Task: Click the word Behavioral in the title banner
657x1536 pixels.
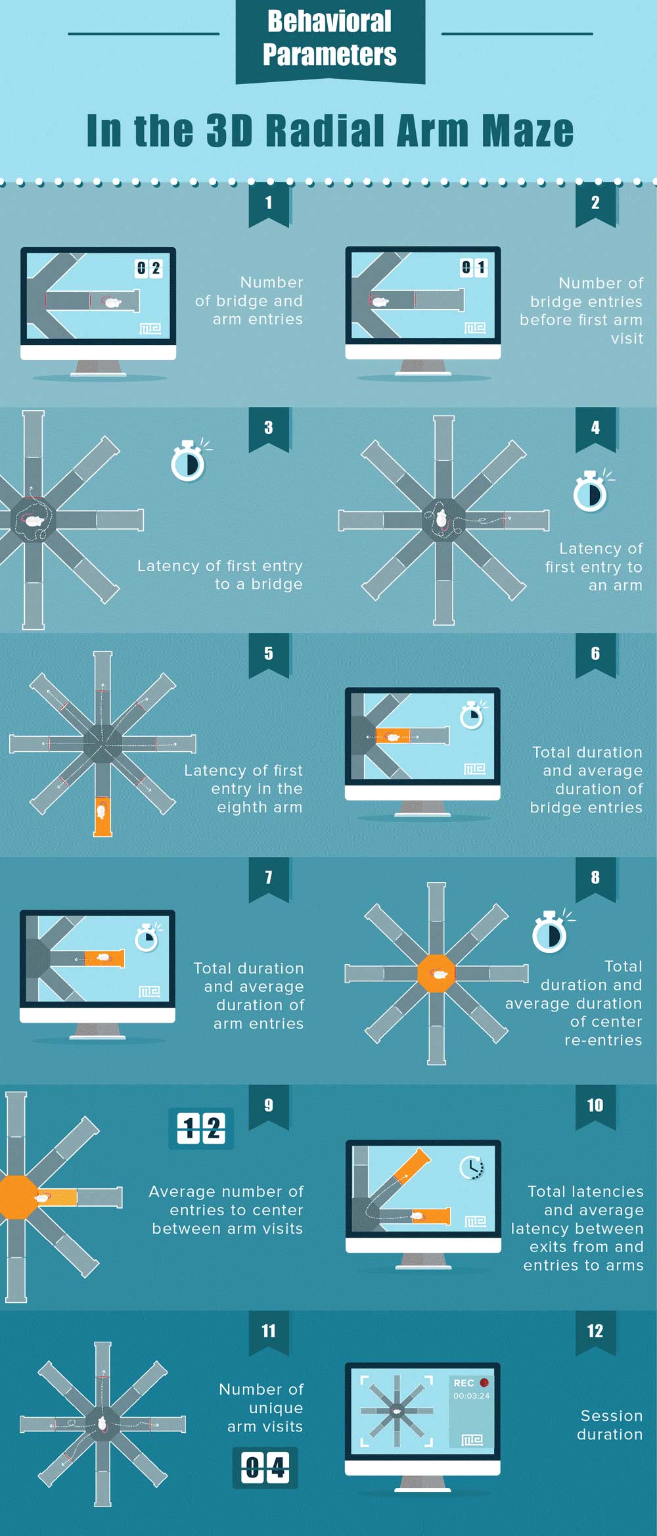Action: tap(329, 21)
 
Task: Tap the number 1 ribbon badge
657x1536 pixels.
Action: tap(269, 204)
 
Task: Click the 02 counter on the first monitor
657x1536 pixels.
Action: tap(148, 268)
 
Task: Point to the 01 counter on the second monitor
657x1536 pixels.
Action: tap(474, 267)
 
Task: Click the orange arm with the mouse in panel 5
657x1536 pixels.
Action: tap(102, 816)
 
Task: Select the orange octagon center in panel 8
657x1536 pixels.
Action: tap(436, 973)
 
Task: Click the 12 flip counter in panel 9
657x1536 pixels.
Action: tap(201, 1129)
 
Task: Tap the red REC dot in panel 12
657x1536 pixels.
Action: tap(484, 1382)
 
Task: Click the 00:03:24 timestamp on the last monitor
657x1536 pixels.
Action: tap(471, 1395)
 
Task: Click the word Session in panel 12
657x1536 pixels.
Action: tap(612, 1416)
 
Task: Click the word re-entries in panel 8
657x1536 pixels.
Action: tap(603, 1040)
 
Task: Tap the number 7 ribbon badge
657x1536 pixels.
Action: tap(269, 879)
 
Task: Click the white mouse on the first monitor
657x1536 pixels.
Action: tap(113, 302)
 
